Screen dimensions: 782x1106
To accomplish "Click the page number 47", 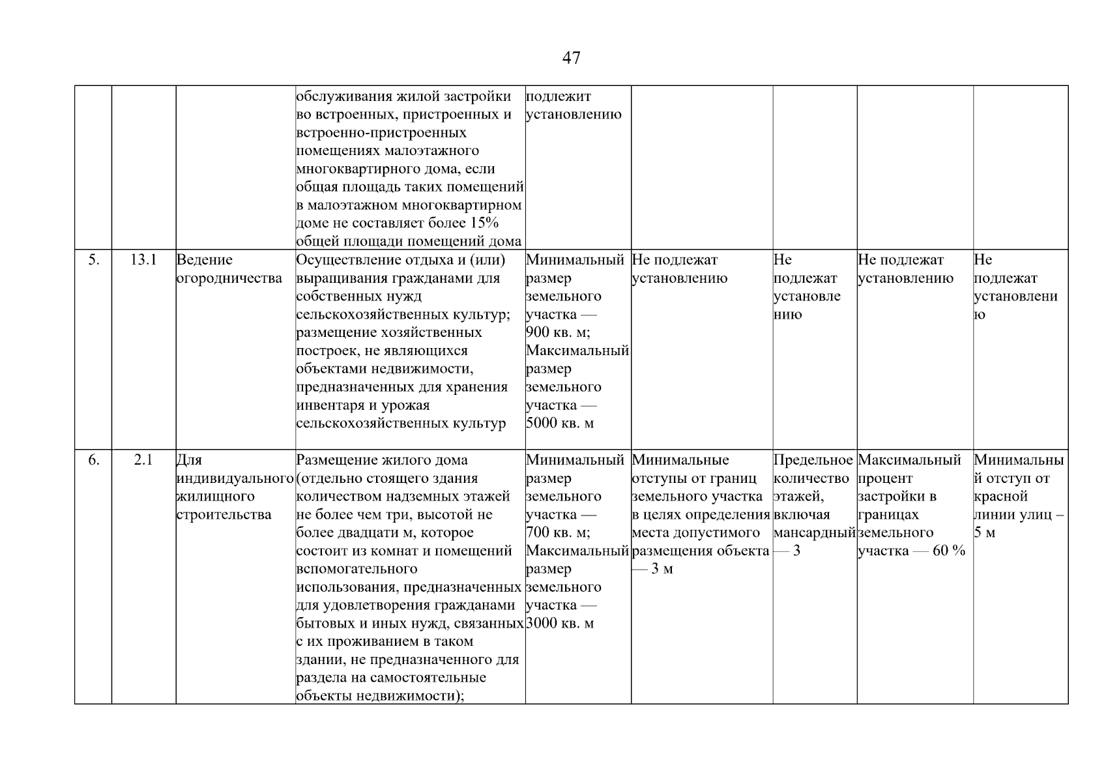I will point(571,58).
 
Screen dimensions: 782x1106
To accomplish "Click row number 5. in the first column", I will point(94,260).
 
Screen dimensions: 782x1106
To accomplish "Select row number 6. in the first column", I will point(94,460).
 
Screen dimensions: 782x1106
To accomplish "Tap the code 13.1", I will point(143,260).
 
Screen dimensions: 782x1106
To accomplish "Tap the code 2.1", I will point(143,460).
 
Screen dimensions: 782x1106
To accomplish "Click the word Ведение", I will point(205,260).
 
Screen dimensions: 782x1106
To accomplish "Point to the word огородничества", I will point(229,278).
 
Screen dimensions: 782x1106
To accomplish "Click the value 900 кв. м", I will point(557,333).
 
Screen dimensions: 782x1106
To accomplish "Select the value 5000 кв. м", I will point(560,424).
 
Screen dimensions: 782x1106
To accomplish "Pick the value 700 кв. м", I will point(557,533).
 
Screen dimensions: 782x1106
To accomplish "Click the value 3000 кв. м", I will point(560,624).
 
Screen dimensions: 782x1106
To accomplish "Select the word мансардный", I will point(814,533).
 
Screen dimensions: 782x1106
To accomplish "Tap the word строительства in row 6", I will point(224,515).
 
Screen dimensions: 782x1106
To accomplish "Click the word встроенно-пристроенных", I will point(381,133).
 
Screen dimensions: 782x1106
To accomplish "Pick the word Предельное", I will point(813,460).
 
